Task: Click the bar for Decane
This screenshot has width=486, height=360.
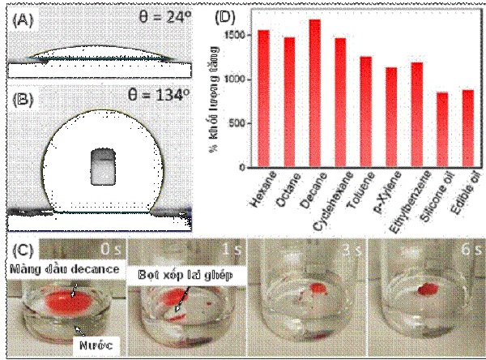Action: pyautogui.click(x=315, y=93)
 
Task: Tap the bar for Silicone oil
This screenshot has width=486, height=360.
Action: pyautogui.click(x=441, y=130)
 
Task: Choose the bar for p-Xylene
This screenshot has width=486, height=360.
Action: pyautogui.click(x=391, y=118)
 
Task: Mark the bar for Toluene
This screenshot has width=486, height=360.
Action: pyautogui.click(x=366, y=112)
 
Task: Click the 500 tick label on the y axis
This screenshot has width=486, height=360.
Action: pyautogui.click(x=237, y=124)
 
